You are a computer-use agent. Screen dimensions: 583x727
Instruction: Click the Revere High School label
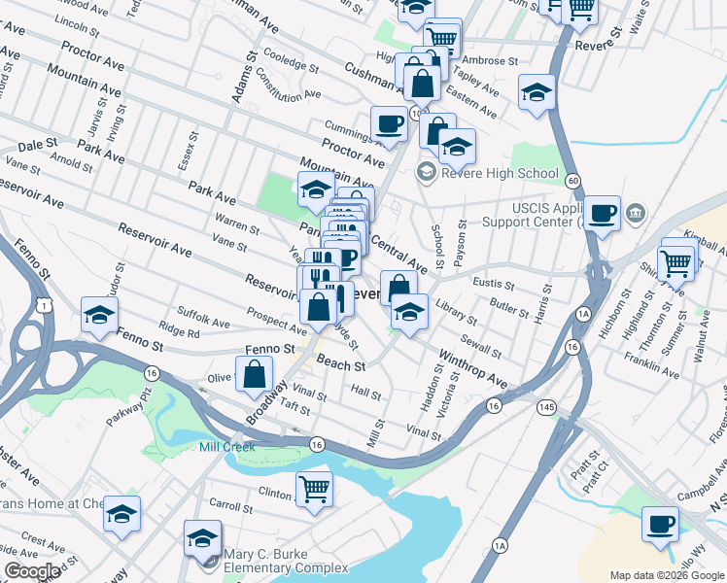point(502,174)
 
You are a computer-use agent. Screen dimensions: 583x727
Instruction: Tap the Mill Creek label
point(226,447)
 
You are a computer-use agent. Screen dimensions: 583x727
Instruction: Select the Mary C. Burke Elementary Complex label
point(286,561)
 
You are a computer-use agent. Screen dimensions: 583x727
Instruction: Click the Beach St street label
point(340,365)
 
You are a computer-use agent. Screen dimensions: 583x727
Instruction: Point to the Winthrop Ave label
point(472,367)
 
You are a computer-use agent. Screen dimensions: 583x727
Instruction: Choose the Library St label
point(457,312)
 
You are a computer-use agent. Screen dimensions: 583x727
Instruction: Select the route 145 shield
point(550,408)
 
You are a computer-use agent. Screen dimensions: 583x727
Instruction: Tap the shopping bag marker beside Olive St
point(255,374)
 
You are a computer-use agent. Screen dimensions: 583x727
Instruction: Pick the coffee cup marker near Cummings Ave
point(389,124)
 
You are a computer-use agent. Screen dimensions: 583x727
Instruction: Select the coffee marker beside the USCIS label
point(602,213)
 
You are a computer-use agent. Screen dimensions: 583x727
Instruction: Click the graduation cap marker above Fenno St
point(99,315)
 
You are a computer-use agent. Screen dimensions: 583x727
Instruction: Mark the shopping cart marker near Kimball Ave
point(676,261)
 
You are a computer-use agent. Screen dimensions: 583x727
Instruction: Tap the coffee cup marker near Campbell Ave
point(661,524)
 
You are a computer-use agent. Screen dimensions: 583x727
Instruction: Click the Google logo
point(32,571)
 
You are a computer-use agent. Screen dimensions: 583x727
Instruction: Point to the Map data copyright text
point(667,575)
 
